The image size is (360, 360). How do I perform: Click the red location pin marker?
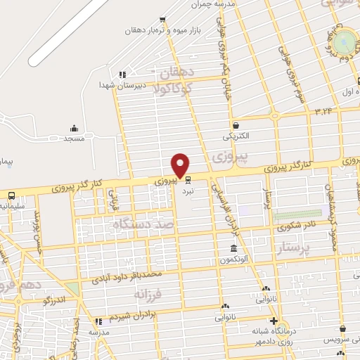click(x=181, y=165)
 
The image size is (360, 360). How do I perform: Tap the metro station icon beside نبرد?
click(x=187, y=179)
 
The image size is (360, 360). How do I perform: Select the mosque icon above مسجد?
click(x=74, y=128)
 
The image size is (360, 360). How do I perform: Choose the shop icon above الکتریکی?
click(x=236, y=124)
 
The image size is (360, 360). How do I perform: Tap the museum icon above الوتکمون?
click(x=234, y=250)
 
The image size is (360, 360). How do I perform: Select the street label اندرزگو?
click(x=54, y=300)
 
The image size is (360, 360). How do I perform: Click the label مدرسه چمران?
click(x=211, y=4)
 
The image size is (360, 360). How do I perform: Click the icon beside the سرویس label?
click(x=342, y=328)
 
